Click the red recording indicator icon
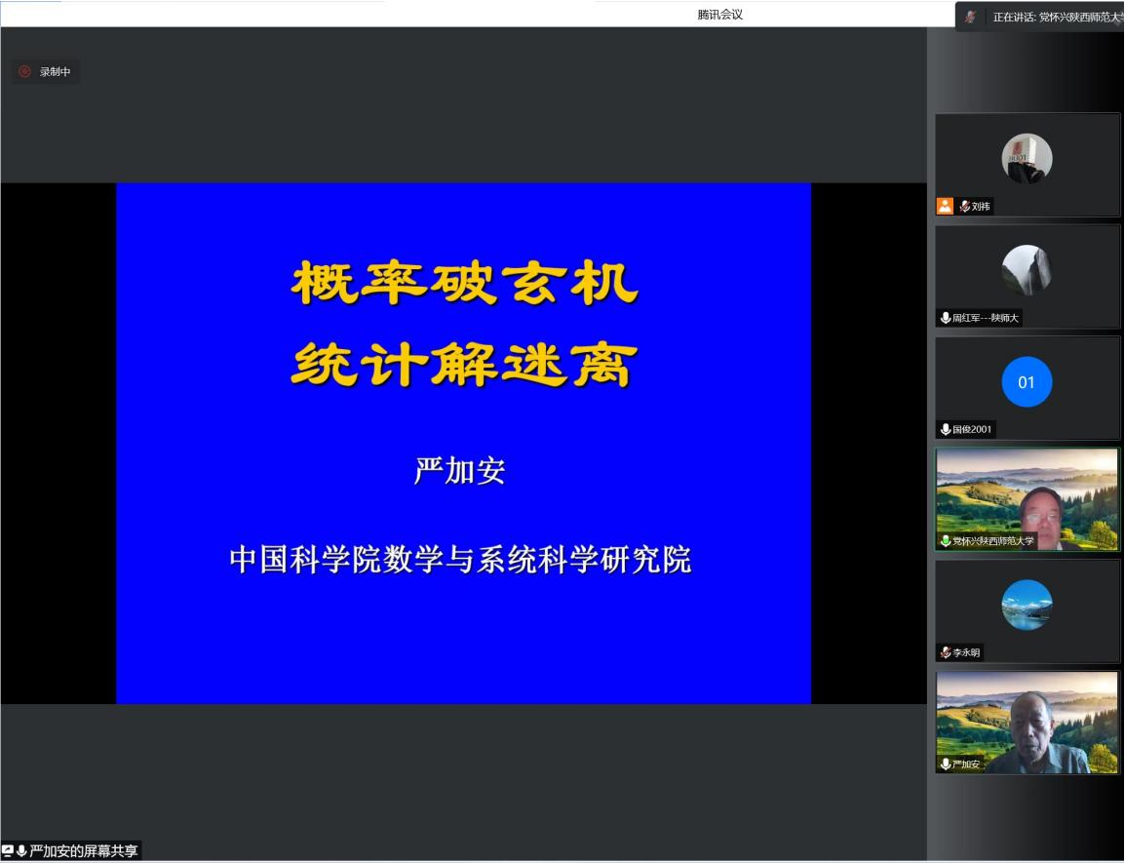click(x=24, y=71)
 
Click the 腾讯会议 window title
click(x=719, y=15)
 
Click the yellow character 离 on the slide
click(x=603, y=364)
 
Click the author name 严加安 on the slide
click(x=460, y=471)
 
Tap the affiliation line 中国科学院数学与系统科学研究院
click(x=460, y=560)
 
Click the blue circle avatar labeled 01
click(x=1027, y=382)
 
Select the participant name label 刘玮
click(x=981, y=207)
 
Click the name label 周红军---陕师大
click(x=985, y=318)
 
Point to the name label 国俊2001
click(x=972, y=429)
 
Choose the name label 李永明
click(x=966, y=652)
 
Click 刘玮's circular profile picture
click(x=1027, y=159)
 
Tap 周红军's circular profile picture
click(x=1027, y=270)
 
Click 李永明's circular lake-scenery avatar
click(x=1027, y=606)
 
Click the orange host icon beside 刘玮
click(x=945, y=206)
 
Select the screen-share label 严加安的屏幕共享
click(x=83, y=850)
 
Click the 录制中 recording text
click(x=56, y=72)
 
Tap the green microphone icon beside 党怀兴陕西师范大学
click(x=946, y=540)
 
